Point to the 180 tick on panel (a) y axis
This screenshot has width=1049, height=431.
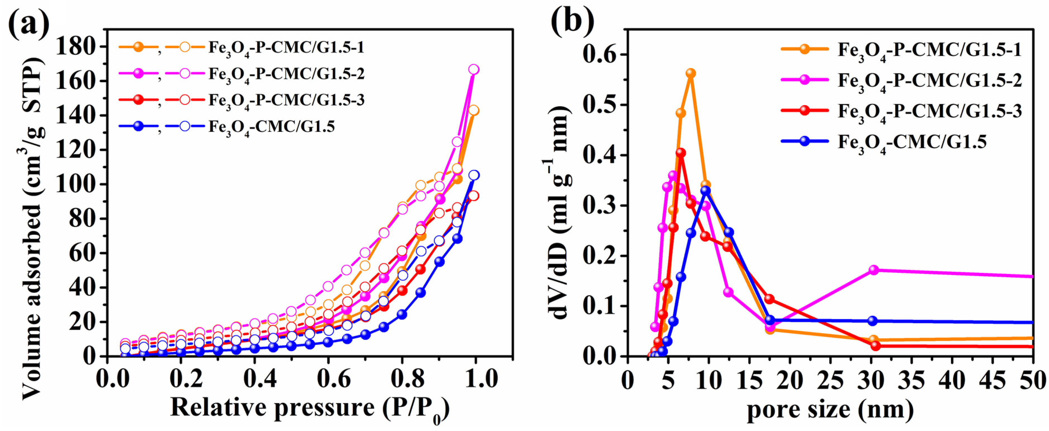(x=75, y=46)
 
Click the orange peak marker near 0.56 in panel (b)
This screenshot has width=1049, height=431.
(x=691, y=73)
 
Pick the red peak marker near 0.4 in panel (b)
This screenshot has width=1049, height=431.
(x=680, y=153)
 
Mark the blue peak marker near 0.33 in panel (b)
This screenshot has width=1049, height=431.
(x=706, y=190)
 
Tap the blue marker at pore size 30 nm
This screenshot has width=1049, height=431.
(x=872, y=321)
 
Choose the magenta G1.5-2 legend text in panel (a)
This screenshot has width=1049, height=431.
(x=286, y=74)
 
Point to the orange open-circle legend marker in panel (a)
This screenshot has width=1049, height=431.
(x=185, y=47)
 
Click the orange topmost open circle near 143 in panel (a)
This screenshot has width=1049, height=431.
(x=473, y=110)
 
